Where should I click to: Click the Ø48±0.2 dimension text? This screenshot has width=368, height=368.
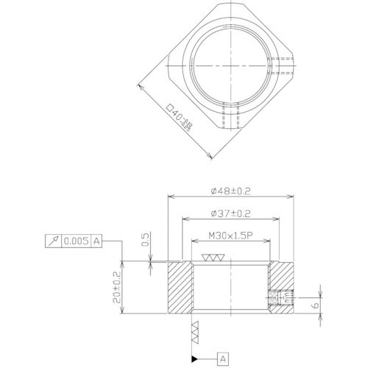coord(231,191)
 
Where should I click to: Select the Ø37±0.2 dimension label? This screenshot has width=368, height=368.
coord(231,213)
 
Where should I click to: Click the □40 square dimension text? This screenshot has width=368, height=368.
coord(179,118)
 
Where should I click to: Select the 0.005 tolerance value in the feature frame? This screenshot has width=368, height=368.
coord(77,241)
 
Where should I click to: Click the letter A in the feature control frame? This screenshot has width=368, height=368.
coord(97,241)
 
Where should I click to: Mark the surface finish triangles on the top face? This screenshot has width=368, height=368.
coord(213,259)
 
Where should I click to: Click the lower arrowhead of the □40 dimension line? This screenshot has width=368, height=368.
coord(211,155)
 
